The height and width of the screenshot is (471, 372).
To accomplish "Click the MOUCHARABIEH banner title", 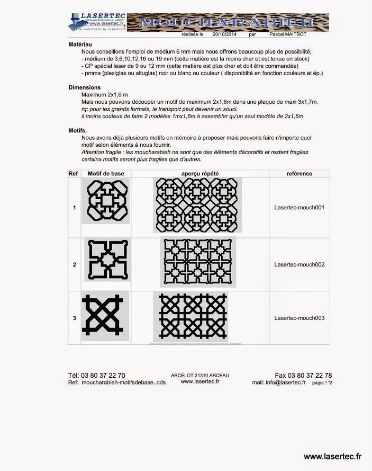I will point(228,22).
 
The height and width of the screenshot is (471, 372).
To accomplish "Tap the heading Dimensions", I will point(85,87).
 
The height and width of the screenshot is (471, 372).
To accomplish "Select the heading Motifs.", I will point(78,130).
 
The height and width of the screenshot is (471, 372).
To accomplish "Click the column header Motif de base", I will point(106,173).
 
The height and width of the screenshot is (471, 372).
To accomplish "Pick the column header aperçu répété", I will point(200,173).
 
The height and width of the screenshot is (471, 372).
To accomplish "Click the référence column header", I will point(299,173).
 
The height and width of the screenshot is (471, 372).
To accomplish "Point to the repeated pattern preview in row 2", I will point(201,263).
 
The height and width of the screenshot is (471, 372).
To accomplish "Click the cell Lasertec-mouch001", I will point(299,208).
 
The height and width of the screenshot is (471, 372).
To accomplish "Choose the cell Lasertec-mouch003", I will point(299,318).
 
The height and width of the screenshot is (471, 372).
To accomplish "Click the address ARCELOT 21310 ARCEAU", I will point(200,375).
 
